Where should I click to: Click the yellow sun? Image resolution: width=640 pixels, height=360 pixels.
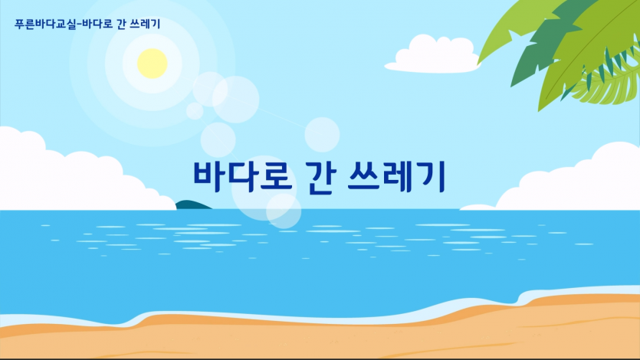152,63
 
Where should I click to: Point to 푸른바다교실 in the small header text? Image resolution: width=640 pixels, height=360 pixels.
45,25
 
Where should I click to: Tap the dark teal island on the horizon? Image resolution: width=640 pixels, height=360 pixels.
192,205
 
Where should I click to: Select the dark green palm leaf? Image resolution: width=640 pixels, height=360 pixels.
529,61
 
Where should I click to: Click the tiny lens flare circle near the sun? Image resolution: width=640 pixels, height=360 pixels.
195,111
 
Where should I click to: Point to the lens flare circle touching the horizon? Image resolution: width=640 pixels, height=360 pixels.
283,210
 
